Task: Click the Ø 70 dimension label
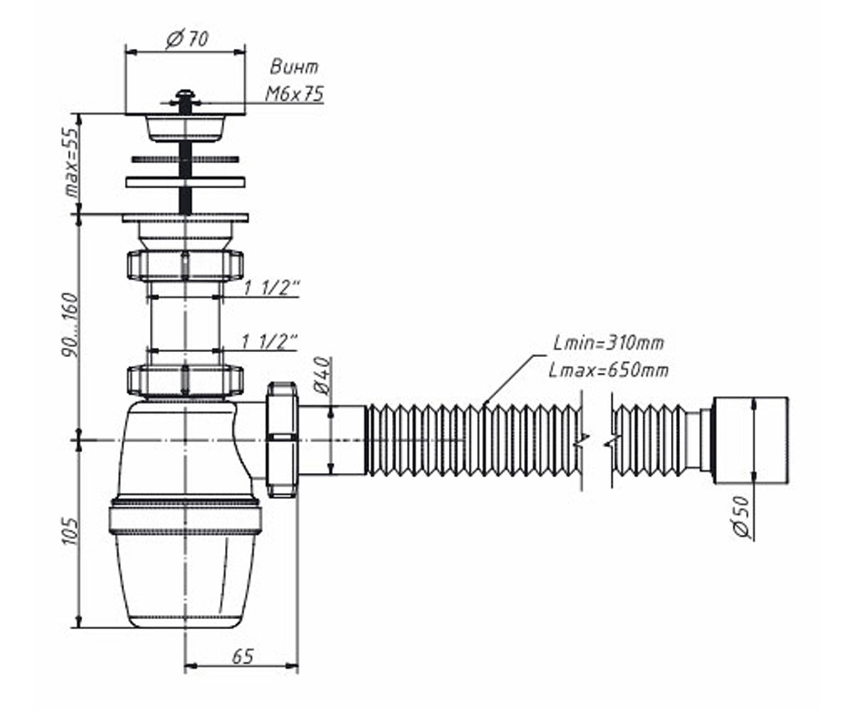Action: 187,39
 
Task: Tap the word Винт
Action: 294,67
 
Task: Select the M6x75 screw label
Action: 294,94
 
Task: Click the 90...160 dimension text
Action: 70,324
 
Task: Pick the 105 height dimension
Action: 70,531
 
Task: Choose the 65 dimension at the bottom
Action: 243,657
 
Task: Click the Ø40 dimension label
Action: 323,376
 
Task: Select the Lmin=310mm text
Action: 608,343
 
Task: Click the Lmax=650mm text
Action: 608,371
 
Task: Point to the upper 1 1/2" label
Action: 271,288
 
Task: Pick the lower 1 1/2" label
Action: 270,342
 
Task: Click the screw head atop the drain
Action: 185,98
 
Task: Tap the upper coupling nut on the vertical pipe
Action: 185,266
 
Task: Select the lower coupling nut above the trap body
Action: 185,381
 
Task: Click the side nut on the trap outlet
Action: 282,439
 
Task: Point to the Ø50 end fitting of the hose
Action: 750,440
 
